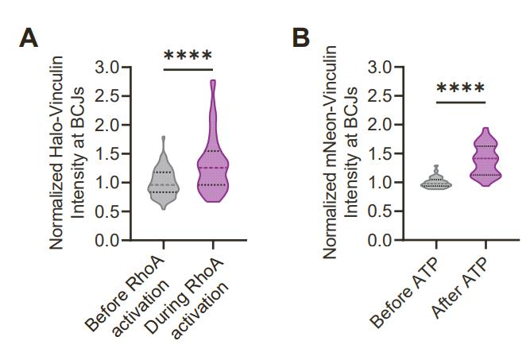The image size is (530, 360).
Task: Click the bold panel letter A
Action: click(x=29, y=37)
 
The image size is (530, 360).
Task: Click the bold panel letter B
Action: click(x=300, y=37)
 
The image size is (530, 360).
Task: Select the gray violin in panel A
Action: click(x=163, y=179)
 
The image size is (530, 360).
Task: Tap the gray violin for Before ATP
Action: click(x=435, y=182)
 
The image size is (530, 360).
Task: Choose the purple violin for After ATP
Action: click(x=485, y=159)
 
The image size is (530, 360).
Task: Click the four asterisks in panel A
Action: click(x=188, y=56)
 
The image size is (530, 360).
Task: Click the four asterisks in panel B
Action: click(x=460, y=88)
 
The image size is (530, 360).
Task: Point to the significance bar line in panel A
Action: click(x=188, y=70)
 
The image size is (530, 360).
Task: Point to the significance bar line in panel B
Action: click(x=460, y=102)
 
